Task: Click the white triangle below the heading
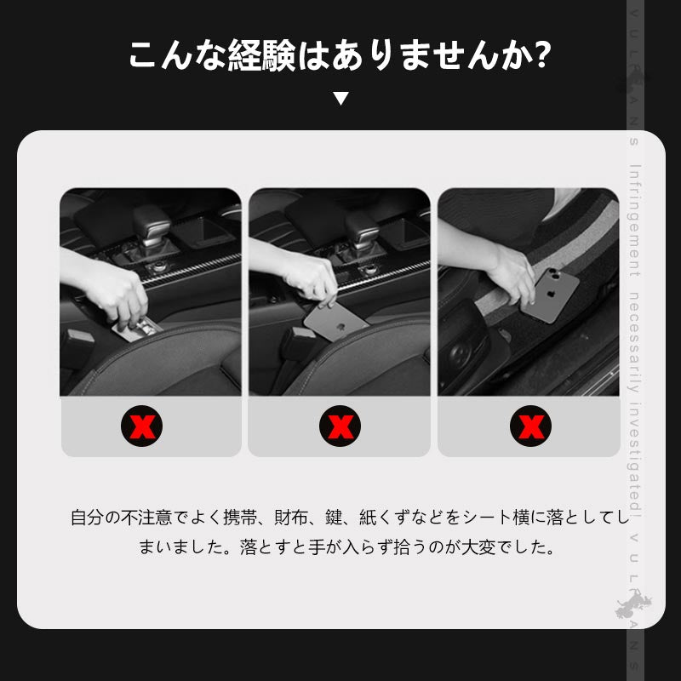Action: pyautogui.click(x=340, y=99)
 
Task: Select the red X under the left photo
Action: pyautogui.click(x=143, y=426)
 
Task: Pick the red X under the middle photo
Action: pyautogui.click(x=340, y=426)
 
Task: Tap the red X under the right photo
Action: pyautogui.click(x=530, y=426)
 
